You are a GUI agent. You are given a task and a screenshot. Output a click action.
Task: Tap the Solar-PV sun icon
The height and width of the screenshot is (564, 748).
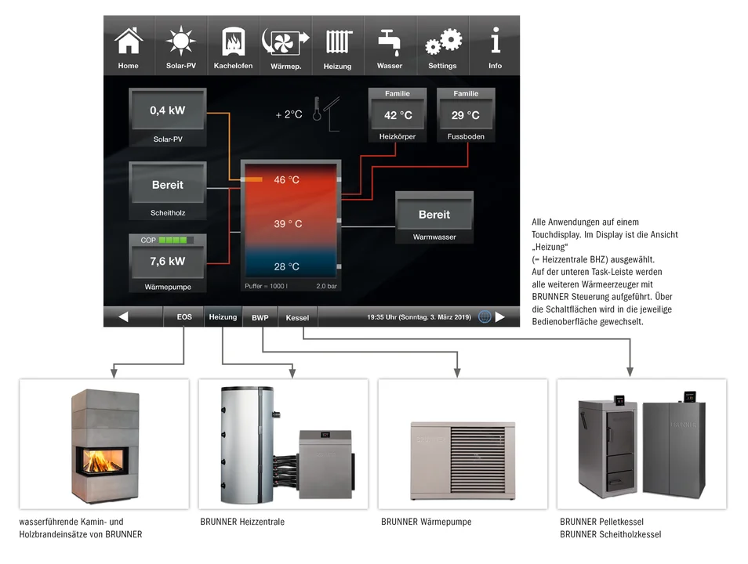pos(181,41)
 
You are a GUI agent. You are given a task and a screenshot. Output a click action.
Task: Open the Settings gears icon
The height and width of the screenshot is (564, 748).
pos(443,42)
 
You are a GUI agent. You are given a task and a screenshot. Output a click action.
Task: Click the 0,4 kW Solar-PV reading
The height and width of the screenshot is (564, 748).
pos(168,110)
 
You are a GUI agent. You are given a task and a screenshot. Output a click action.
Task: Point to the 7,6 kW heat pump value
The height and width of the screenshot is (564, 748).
pos(168,262)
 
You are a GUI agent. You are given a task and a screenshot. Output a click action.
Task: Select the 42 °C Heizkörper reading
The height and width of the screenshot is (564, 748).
pos(398,115)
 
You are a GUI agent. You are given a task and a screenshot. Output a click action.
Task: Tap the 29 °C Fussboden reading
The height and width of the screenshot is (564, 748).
pos(466,115)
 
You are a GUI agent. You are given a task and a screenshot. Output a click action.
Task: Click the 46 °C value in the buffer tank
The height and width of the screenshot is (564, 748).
pos(287,179)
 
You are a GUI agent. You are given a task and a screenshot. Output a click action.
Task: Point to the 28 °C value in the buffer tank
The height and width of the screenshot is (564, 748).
pos(287,266)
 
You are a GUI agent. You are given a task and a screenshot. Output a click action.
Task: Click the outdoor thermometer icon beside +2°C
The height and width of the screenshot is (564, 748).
pos(318,109)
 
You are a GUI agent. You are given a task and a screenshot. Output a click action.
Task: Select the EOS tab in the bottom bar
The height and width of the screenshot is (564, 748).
pos(184,316)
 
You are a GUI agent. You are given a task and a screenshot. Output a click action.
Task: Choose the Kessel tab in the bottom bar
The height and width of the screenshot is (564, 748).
pos(297,317)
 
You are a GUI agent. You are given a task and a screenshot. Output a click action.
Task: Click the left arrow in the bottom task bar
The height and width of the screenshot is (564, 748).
pos(123,316)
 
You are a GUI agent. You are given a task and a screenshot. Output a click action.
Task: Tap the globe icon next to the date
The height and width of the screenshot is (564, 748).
pos(485,316)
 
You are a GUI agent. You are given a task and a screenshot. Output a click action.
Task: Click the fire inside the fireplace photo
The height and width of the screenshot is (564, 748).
pos(100,461)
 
